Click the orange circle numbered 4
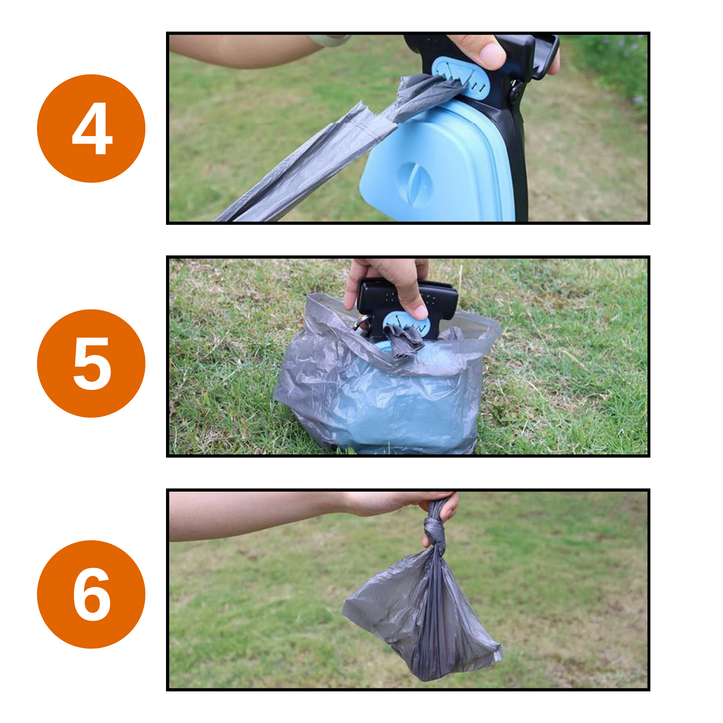click(91, 128)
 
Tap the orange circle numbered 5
click(91, 363)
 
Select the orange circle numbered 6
click(91, 594)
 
